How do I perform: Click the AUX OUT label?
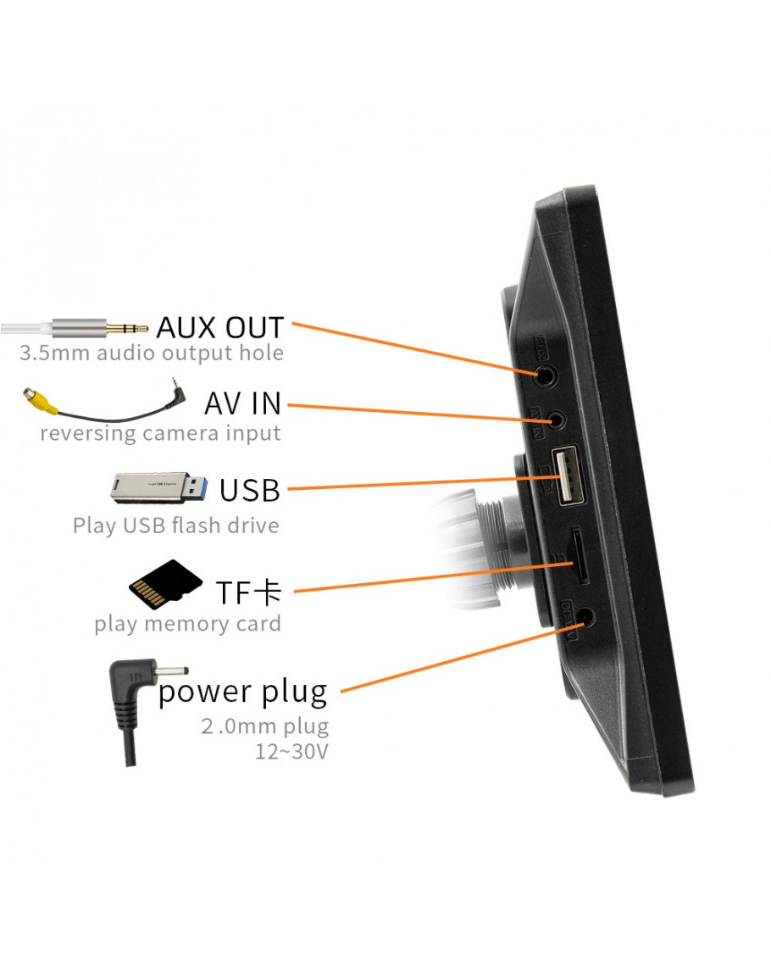tap(220, 326)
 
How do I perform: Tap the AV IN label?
tap(242, 403)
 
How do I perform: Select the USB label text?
tap(249, 490)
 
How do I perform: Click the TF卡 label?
tap(247, 592)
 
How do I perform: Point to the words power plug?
tap(242, 692)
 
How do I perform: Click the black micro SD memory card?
tap(164, 583)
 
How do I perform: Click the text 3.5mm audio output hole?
tap(152, 353)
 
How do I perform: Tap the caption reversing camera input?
tap(160, 433)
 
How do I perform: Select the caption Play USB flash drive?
tap(175, 526)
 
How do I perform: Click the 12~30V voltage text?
tap(291, 751)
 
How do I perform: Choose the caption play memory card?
tap(187, 625)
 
